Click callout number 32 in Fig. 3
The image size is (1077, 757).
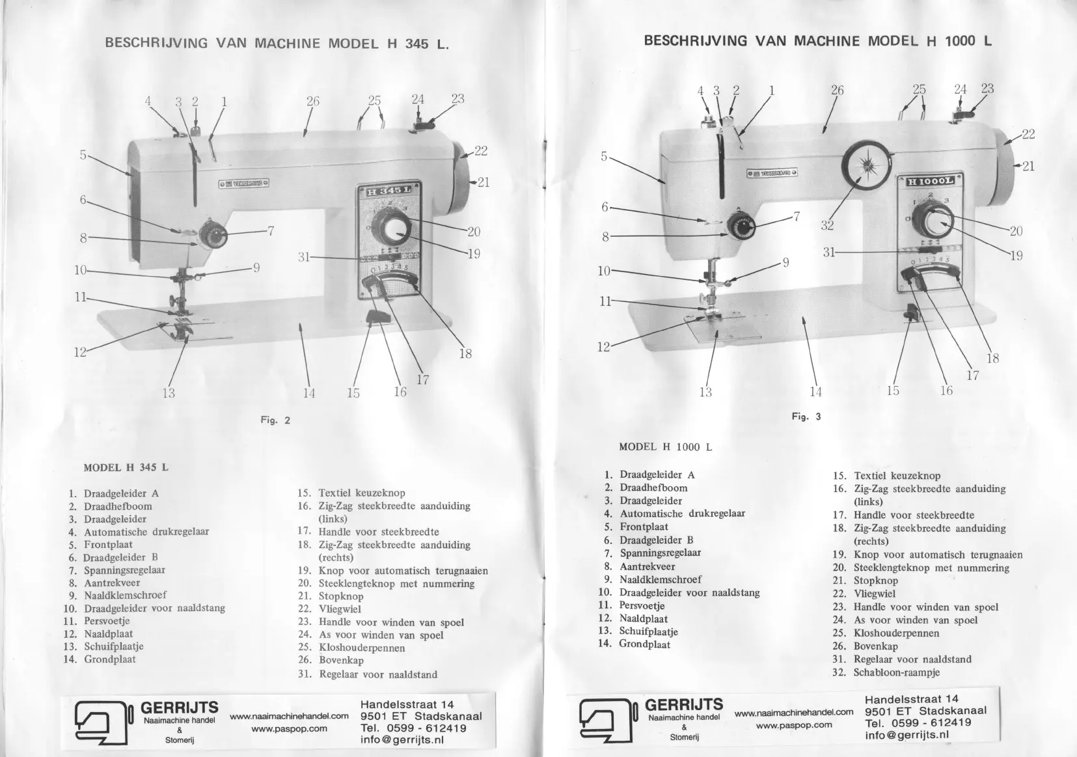click(x=827, y=225)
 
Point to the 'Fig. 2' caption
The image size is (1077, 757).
click(x=275, y=420)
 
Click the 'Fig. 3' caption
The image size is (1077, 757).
click(x=806, y=417)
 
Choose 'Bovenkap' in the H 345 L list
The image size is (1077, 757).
click(x=341, y=660)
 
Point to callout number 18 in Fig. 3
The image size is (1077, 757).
click(x=992, y=358)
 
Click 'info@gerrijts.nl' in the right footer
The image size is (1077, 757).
click(x=907, y=736)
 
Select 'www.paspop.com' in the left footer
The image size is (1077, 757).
click(x=289, y=728)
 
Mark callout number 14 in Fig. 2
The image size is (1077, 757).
click(x=309, y=392)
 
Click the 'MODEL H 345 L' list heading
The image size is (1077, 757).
click(x=126, y=467)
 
